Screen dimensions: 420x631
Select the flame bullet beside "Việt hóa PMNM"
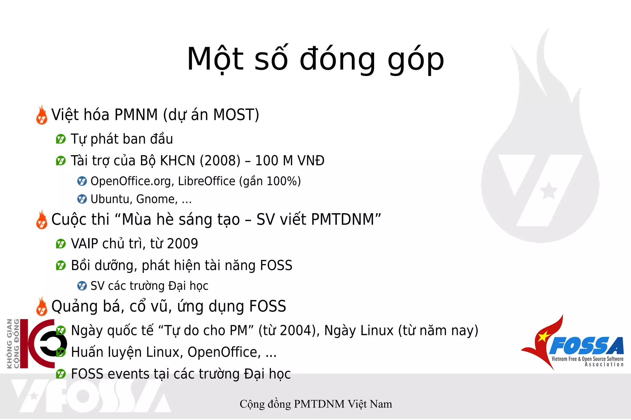42,115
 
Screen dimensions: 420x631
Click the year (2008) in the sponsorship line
220,161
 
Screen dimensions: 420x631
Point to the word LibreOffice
206,181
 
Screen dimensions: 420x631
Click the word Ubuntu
110,199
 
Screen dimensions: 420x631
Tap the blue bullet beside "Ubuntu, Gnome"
82,199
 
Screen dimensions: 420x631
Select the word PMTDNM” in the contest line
346,220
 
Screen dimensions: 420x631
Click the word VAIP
84,244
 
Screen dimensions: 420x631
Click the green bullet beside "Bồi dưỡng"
61,265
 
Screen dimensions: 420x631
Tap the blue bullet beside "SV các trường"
82,286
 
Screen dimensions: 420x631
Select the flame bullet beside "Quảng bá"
42,307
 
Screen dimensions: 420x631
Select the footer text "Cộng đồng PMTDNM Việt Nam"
316,404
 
